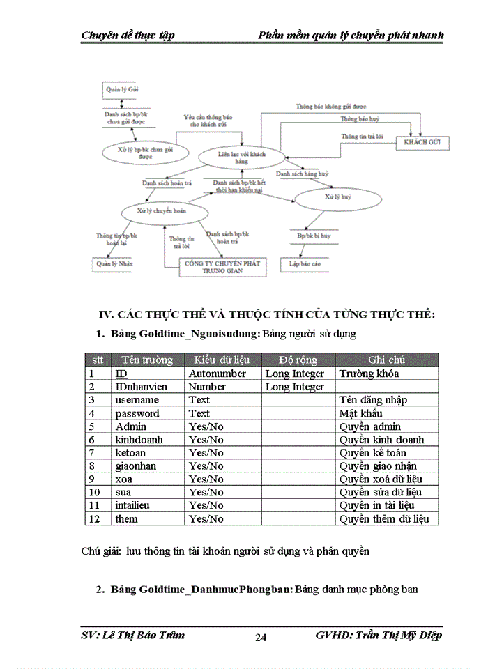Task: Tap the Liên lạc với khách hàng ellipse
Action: [x=241, y=156]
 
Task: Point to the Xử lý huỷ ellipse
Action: [x=338, y=198]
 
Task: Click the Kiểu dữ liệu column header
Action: [x=222, y=360]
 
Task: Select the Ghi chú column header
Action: [x=387, y=360]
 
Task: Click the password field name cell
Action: [x=137, y=413]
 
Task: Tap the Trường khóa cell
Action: [x=369, y=374]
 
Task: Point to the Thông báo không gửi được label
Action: [x=331, y=107]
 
